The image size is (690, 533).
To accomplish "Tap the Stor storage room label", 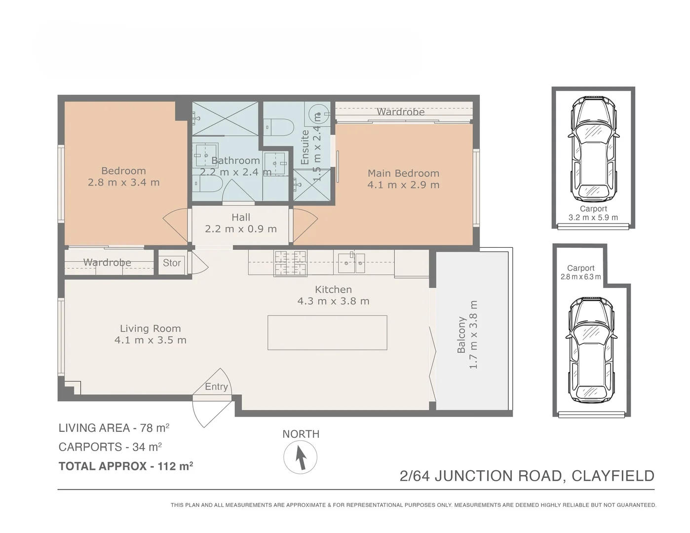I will point(172,263).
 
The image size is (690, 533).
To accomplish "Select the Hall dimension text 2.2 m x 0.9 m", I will point(241,229).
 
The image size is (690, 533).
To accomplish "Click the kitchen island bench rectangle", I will point(327,333).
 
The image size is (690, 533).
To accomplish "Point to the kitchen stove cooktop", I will point(291,263).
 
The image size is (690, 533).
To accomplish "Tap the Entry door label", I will point(216,386).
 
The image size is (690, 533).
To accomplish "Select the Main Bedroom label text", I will point(403,173).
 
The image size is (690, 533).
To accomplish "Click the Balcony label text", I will point(461,335).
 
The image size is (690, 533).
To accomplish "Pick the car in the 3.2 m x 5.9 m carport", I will point(593,149).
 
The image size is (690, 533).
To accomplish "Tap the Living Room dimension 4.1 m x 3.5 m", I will point(151,340).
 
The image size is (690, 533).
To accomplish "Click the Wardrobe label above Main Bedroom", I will point(400,112).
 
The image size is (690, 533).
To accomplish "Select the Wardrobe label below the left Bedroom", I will point(107,263).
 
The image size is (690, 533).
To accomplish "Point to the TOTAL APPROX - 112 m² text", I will point(125,466).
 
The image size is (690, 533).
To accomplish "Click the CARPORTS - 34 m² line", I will point(110,447).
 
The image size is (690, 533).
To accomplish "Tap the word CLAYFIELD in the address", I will point(613,476).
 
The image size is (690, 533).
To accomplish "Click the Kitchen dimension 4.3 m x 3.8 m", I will point(333,301).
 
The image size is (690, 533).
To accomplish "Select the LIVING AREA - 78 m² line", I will point(114,428).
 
